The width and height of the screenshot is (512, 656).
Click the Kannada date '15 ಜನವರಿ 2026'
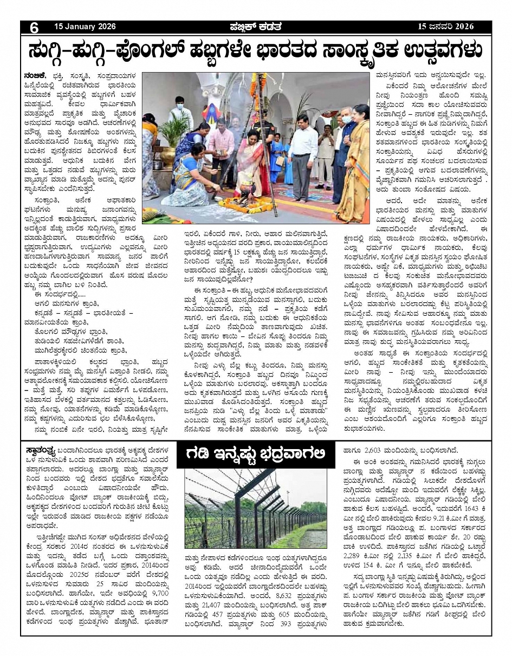pyautogui.click(x=446, y=27)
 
